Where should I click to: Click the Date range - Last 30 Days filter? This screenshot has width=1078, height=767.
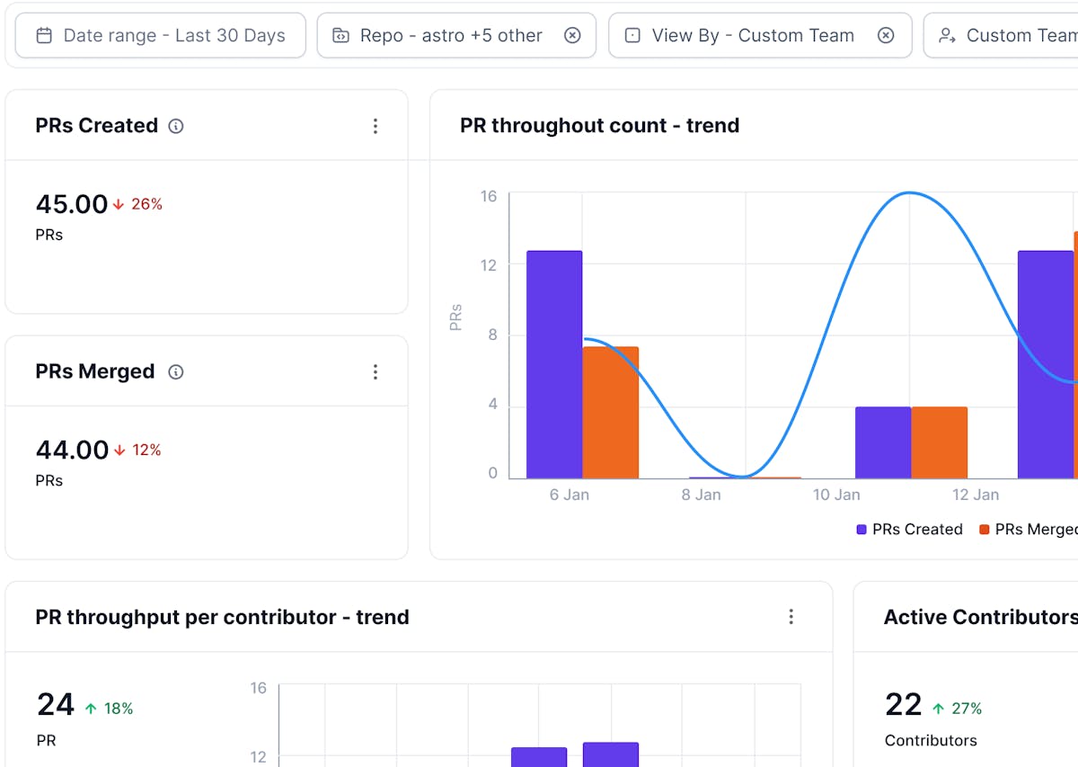pos(161,36)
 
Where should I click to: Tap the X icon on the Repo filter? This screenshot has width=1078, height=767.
pos(572,36)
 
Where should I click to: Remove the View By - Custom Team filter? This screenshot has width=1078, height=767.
pos(886,36)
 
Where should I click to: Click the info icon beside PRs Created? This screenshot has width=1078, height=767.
pos(176,126)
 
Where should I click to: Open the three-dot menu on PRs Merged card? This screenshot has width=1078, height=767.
pos(376,372)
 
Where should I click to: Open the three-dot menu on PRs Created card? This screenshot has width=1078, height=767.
pos(376,127)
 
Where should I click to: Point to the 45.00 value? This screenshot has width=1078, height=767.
pos(72,204)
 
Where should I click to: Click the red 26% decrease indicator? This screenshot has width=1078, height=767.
pos(138,204)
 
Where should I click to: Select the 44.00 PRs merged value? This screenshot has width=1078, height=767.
pos(72,450)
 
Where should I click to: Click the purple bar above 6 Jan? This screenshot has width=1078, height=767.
pos(554,364)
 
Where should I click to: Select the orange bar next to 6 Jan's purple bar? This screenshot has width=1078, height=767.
pos(611,412)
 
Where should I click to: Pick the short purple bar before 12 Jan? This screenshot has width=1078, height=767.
pos(883,442)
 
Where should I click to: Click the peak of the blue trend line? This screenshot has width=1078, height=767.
pos(909,192)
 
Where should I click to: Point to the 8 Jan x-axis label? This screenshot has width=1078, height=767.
pos(700,495)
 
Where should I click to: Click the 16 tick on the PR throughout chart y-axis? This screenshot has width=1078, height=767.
pos(488,196)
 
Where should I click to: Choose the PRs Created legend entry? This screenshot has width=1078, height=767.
pos(909,530)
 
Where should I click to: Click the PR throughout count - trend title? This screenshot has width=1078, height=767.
pos(599,126)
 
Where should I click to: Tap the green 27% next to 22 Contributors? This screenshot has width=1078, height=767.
pos(958,709)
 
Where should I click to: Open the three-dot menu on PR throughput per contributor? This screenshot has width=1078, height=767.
pos(791,617)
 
